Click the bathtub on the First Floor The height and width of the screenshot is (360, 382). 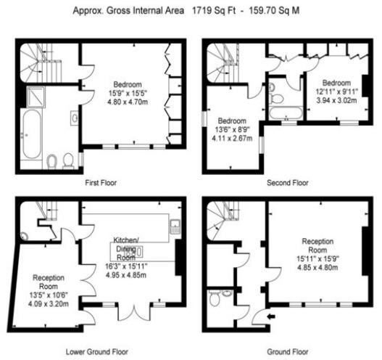[x=31, y=134]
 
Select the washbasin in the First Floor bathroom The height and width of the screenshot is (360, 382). [x=75, y=117]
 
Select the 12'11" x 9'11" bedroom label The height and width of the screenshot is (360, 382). [x=336, y=92]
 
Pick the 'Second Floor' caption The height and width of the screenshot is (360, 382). [x=288, y=182]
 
